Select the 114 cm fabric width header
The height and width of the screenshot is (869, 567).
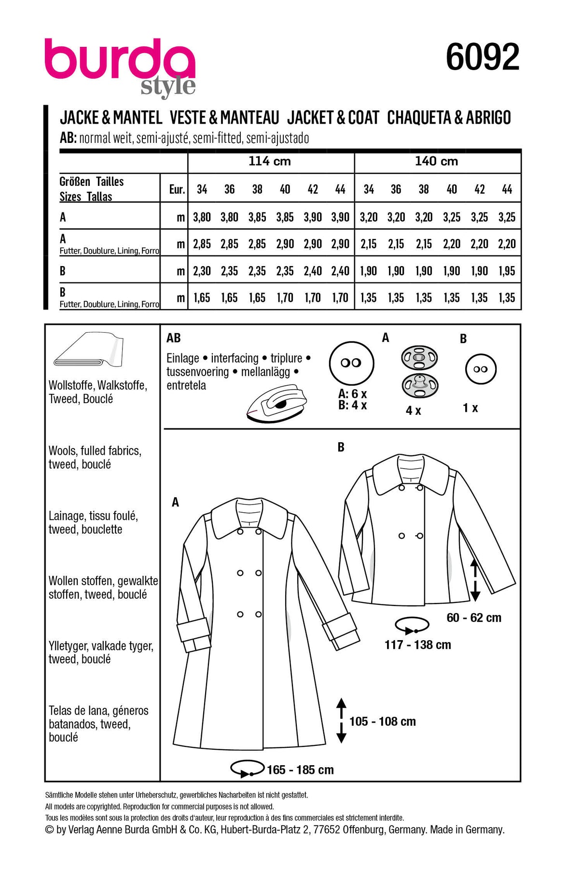click(x=269, y=161)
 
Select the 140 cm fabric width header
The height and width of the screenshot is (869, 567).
click(x=436, y=161)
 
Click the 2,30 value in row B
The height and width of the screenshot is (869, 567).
click(x=202, y=271)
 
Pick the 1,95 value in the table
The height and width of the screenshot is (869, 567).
click(x=507, y=271)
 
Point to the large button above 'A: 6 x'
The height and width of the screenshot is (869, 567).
click(x=351, y=363)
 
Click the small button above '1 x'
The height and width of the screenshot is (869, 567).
click(x=481, y=369)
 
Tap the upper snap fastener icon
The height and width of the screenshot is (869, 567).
click(x=419, y=358)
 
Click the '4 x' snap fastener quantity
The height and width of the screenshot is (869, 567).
click(x=413, y=411)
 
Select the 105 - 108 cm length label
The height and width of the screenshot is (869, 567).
click(x=382, y=722)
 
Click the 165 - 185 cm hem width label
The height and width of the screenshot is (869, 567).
click(x=300, y=770)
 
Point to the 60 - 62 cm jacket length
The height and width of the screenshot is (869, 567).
click(x=474, y=618)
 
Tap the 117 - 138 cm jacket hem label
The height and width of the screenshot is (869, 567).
click(x=417, y=645)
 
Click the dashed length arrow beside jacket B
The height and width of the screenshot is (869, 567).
click(x=475, y=580)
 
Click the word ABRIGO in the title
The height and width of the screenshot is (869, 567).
click(x=488, y=118)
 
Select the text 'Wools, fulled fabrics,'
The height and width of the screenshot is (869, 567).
click(x=95, y=451)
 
